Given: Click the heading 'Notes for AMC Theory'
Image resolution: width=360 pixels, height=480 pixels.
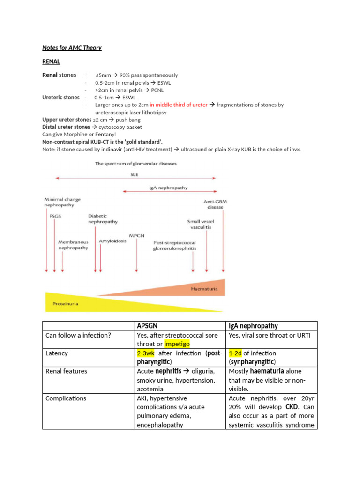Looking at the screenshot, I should coord(72,48).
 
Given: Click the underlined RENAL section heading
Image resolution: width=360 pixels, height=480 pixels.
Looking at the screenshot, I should coord(51,61).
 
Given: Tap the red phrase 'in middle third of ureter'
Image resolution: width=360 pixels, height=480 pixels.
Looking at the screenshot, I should coord(179,105).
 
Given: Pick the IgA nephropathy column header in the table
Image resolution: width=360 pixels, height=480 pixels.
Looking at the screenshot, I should coord(253,326).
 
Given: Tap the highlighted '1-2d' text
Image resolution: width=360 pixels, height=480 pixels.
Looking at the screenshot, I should coord(235,353).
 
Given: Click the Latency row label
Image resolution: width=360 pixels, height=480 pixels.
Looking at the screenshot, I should coord(56,353).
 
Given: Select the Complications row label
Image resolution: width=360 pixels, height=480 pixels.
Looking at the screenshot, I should coord(66,398).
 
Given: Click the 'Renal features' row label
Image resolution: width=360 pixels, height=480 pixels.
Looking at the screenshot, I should coord(66,371).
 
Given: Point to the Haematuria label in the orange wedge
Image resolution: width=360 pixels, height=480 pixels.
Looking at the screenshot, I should coord(204,289).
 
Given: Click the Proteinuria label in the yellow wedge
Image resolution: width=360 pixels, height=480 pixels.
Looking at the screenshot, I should coord(65,303).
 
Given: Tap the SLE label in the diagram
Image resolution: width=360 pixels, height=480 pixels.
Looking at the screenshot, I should coord(134,174).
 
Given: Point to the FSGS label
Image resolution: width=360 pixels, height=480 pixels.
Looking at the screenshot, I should coord(55,217).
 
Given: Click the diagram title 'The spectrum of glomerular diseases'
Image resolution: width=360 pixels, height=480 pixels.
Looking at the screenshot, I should coord(135,164).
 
